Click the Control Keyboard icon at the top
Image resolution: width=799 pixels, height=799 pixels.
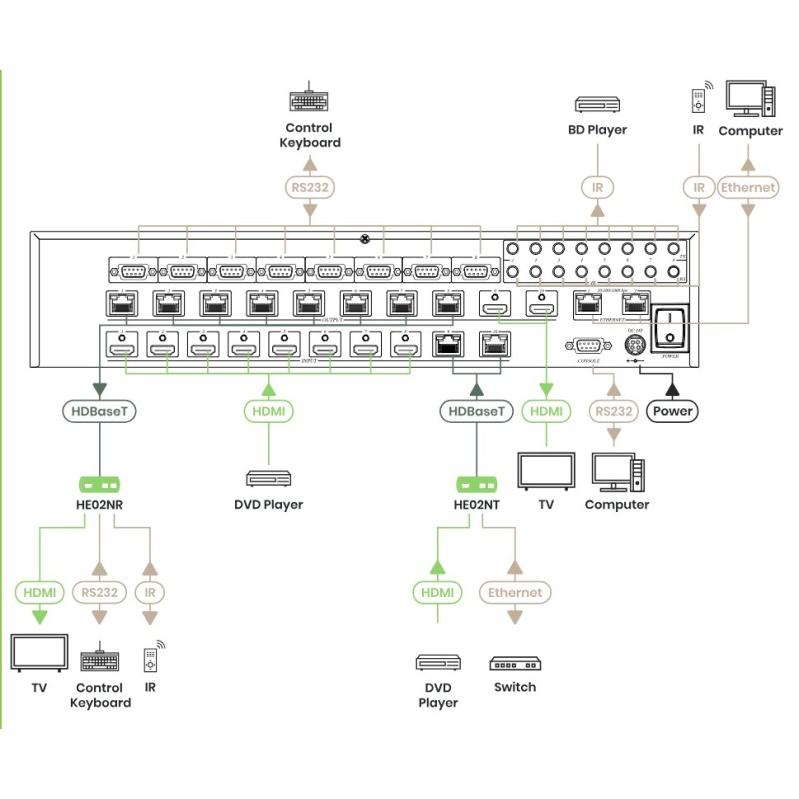pyautogui.click(x=310, y=102)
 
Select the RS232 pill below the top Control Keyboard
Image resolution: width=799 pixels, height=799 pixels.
pyautogui.click(x=310, y=186)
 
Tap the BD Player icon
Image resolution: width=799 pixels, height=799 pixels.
pyautogui.click(x=598, y=103)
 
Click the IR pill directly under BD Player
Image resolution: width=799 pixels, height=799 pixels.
pyautogui.click(x=598, y=186)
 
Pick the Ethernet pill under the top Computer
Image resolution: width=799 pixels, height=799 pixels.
pyautogui.click(x=749, y=186)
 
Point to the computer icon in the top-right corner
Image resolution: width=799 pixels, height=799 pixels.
pyautogui.click(x=750, y=99)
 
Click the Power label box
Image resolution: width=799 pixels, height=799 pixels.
pyautogui.click(x=674, y=409)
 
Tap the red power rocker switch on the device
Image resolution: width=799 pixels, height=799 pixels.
pyautogui.click(x=674, y=324)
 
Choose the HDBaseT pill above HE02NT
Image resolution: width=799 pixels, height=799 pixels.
pyautogui.click(x=477, y=410)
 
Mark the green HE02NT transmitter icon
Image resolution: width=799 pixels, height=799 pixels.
pyautogui.click(x=477, y=486)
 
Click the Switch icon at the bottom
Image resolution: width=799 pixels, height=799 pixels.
pyautogui.click(x=514, y=663)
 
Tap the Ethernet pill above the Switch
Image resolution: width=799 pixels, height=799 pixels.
pyautogui.click(x=514, y=592)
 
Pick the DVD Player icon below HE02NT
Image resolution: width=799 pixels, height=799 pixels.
pyautogui.click(x=437, y=663)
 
